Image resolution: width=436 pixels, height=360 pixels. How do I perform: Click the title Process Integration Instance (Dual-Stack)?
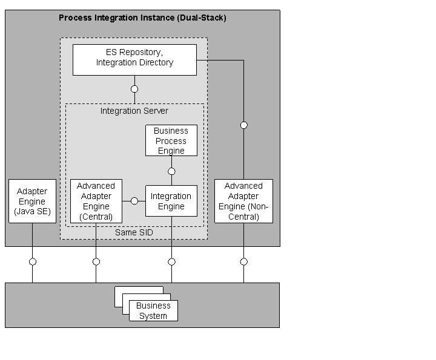tap(142, 18)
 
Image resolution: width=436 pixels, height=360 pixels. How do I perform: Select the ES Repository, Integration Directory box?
tap(134, 59)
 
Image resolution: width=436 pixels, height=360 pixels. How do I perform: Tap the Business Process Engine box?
tap(171, 140)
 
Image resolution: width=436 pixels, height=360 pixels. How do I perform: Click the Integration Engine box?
tap(171, 201)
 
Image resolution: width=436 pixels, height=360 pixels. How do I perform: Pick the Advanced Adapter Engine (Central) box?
tap(96, 201)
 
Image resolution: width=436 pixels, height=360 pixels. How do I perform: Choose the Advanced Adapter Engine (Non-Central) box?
tap(243, 201)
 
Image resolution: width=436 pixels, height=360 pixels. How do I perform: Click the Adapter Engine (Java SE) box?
tap(31, 201)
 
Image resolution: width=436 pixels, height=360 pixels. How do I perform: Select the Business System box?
tap(153, 310)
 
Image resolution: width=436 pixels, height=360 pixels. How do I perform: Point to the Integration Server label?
tap(134, 111)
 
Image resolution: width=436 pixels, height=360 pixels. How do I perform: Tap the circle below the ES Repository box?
tap(134, 89)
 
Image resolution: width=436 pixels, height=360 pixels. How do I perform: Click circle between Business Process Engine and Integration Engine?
tap(171, 171)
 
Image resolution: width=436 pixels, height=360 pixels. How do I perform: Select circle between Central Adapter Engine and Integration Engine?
tap(134, 201)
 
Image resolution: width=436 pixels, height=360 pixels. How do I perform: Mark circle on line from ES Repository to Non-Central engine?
tap(244, 125)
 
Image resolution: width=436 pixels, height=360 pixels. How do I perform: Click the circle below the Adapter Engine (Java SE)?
tap(33, 262)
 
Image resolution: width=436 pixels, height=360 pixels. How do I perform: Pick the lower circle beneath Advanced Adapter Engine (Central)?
tap(96, 262)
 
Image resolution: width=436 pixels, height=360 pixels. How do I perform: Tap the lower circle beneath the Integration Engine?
tap(171, 262)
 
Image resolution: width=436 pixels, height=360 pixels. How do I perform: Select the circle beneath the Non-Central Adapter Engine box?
tap(244, 262)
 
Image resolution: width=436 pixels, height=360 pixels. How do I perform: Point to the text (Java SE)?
tap(31, 211)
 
